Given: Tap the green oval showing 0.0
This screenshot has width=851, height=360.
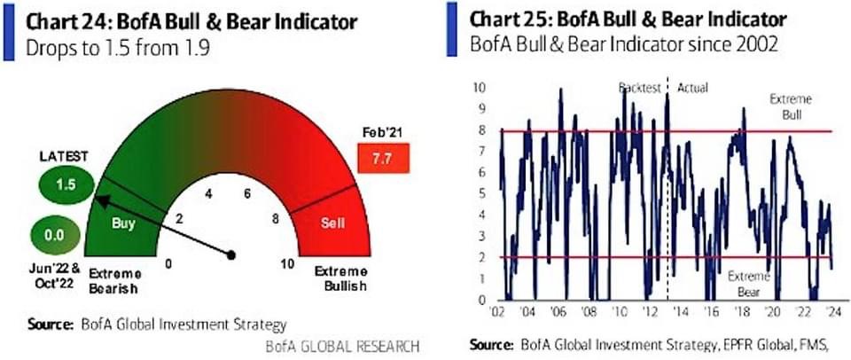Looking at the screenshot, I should pyautogui.click(x=56, y=237).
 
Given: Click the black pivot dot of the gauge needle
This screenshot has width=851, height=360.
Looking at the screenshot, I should pyautogui.click(x=231, y=254).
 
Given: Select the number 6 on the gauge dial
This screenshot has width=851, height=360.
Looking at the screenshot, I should pyautogui.click(x=247, y=194).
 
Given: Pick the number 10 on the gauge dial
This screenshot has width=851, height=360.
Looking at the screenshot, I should pyautogui.click(x=287, y=263).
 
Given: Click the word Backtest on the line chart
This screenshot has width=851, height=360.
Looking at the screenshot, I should pyautogui.click(x=640, y=88).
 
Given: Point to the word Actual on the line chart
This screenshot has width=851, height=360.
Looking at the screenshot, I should pyautogui.click(x=693, y=88).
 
